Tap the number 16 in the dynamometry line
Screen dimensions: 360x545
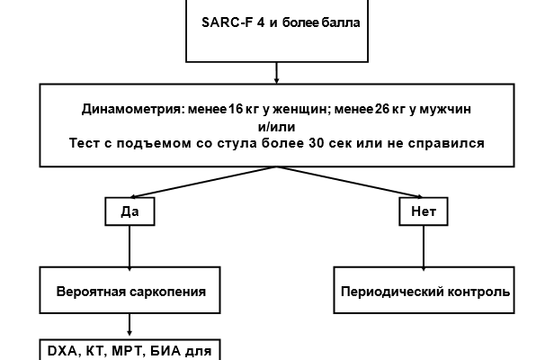[237, 109]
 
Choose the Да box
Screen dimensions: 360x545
[130, 212]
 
